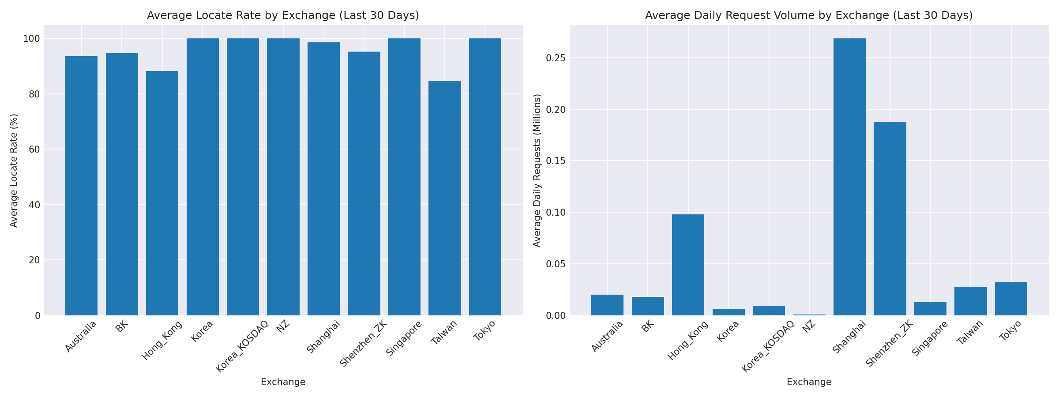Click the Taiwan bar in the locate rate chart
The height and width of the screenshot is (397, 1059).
click(444, 198)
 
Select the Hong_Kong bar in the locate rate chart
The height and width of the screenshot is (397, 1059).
click(162, 194)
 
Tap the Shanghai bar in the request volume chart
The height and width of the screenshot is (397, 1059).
click(849, 176)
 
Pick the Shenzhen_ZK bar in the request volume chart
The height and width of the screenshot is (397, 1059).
click(890, 218)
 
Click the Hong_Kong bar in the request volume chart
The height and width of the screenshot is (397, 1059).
click(688, 265)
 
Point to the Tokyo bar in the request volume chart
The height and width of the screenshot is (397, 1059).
click(1011, 299)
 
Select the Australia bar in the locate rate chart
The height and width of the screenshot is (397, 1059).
click(81, 185)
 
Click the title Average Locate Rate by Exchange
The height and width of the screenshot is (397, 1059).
click(283, 15)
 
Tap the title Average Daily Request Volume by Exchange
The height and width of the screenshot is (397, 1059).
click(809, 15)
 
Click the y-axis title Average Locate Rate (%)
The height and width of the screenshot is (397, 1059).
click(14, 170)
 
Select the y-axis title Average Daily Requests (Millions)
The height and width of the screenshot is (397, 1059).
click(537, 170)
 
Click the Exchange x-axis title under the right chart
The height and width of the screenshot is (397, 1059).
click(809, 382)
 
